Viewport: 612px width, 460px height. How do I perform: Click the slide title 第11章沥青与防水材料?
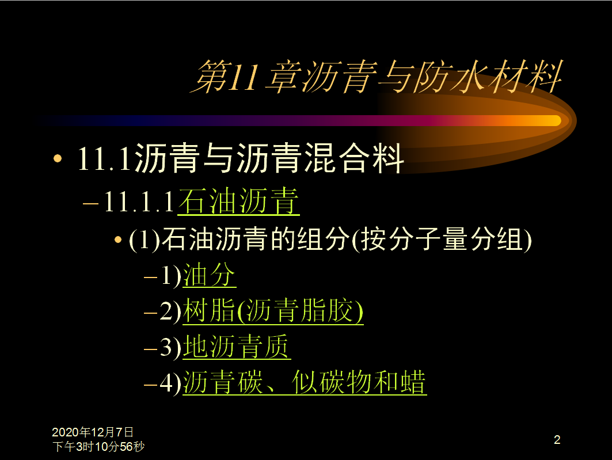pos(377,77)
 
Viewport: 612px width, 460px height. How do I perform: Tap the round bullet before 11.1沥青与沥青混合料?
pos(58,158)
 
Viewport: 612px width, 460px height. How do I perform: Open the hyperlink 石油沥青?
pos(238,202)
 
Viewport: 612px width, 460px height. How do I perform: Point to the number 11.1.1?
pos(139,202)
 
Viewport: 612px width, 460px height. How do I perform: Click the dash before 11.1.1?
pos(90,204)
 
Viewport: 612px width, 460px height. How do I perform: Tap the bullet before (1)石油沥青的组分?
pos(118,239)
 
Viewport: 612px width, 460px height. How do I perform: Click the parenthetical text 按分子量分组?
pos(442,239)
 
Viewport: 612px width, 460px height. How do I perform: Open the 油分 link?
pos(209,275)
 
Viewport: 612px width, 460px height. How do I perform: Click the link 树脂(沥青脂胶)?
pos(273,311)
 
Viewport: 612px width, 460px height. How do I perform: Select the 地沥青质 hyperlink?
pos(237,347)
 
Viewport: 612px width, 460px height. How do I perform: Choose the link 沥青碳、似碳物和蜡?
pos(305,382)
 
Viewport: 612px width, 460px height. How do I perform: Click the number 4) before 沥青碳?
pos(170,383)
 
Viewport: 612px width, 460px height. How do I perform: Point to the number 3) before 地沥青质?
pos(170,347)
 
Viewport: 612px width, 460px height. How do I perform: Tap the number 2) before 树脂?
pos(170,311)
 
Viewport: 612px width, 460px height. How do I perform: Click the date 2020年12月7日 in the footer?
pos(93,432)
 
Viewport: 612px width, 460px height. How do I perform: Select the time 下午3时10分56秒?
pos(98,446)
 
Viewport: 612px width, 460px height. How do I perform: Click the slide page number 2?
pos(557,440)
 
